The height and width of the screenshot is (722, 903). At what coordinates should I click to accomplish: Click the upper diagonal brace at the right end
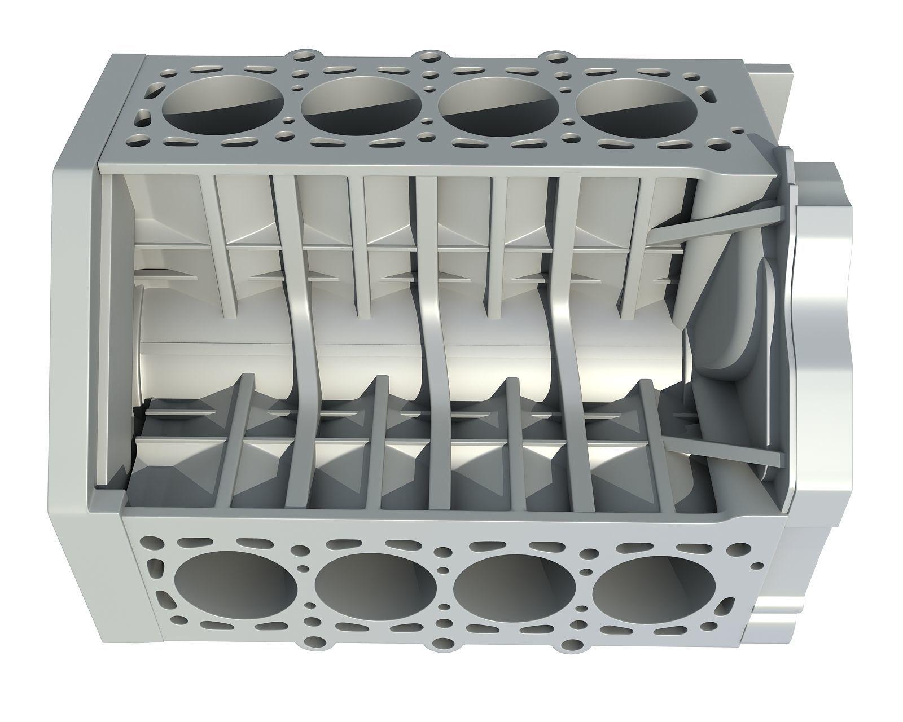[717, 221]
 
